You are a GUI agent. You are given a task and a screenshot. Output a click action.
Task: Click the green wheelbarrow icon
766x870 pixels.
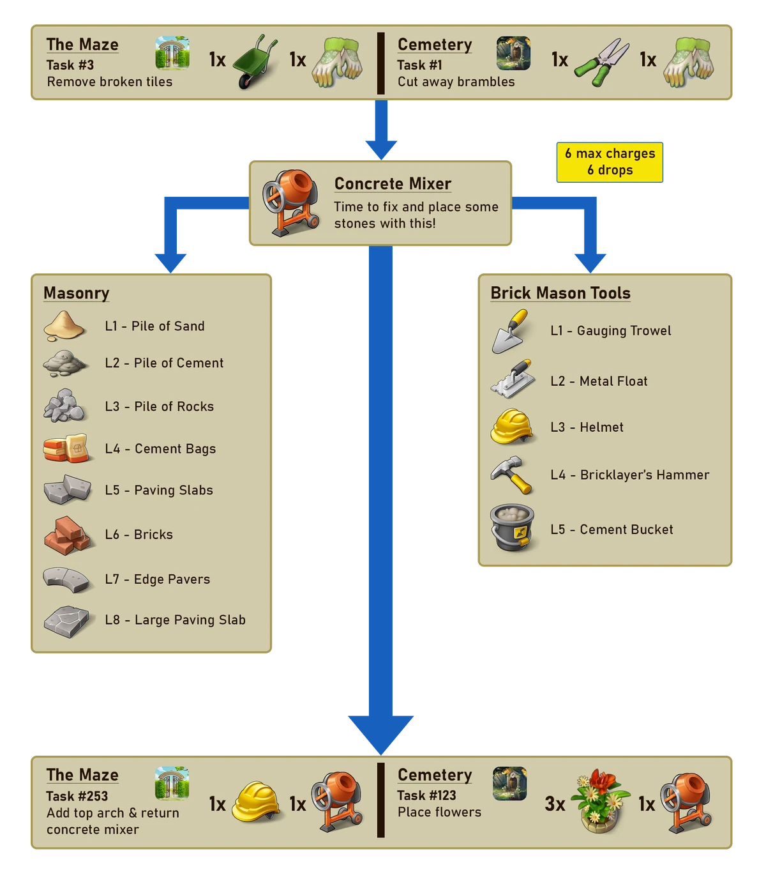[255, 63]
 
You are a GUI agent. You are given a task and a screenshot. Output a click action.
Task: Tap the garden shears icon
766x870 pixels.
[601, 63]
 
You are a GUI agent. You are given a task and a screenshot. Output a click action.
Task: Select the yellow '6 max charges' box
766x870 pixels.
[610, 162]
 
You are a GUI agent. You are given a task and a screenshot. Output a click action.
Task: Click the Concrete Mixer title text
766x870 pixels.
[393, 184]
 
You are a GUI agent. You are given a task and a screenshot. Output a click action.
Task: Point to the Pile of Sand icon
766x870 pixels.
[64, 325]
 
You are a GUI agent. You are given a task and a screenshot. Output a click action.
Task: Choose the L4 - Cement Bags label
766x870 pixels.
[160, 449]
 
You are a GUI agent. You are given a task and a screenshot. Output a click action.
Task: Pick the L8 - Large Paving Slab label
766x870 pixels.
[175, 620]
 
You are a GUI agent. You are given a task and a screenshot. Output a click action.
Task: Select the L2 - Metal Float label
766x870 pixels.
[599, 381]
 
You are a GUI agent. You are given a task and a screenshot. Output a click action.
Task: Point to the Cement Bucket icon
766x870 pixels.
[512, 529]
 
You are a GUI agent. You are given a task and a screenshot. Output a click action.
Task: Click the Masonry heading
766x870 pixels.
[76, 293]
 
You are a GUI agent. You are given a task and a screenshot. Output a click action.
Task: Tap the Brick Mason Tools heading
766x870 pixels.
[560, 293]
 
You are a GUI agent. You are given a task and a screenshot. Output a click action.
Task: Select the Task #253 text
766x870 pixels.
[77, 797]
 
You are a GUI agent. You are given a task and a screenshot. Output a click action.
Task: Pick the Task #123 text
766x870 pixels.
[426, 795]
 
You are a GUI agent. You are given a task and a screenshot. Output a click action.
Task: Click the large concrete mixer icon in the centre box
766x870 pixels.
[290, 202]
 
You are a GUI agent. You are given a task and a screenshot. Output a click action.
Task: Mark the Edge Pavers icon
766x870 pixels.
[66, 579]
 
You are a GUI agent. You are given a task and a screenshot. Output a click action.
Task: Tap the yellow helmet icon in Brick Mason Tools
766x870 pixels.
[512, 427]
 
